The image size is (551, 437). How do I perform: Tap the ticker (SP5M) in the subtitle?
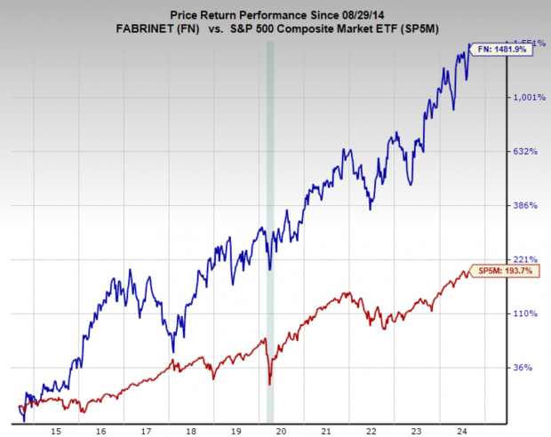tap(424, 27)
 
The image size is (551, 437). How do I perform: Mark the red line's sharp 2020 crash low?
tap(270, 384)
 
